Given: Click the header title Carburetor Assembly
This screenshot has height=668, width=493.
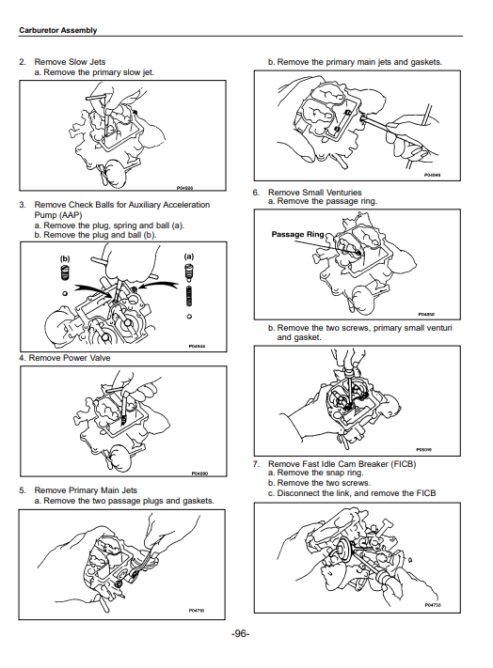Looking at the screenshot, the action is tap(58, 30).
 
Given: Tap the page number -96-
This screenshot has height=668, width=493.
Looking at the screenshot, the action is tap(241, 633).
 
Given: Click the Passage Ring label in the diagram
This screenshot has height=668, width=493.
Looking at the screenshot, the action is tap(297, 234).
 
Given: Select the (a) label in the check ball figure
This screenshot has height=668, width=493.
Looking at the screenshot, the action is tap(188, 256).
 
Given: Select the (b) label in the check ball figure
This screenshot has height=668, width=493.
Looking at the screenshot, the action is tap(65, 258).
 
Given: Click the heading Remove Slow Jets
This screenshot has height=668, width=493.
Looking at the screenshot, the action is tap(70, 62).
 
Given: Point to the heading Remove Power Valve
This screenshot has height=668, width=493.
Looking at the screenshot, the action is tap(70, 358).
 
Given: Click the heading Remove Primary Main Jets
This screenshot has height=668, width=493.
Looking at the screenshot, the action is tap(86, 490).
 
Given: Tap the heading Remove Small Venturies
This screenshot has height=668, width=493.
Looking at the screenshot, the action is tap(315, 193).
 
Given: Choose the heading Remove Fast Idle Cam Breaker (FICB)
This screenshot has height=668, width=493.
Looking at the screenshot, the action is tap(342, 464).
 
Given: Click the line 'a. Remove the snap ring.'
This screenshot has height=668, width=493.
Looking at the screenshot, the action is tap(315, 473).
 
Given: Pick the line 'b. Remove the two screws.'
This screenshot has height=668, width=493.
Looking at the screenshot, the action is tap(320, 483).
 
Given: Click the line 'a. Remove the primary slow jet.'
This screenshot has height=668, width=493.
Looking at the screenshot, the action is tap(94, 72).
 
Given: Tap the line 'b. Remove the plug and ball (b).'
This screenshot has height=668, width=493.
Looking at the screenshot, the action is tap(95, 235).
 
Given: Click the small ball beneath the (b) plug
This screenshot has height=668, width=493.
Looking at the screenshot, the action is tap(65, 293).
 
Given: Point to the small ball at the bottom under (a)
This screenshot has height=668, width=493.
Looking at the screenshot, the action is tap(189, 317).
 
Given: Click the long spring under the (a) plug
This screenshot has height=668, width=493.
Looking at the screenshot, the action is tap(188, 296).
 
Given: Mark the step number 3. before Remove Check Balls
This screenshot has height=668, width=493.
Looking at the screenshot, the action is tap(23, 205).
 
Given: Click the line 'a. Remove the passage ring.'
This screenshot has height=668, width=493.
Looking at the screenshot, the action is tap(323, 201).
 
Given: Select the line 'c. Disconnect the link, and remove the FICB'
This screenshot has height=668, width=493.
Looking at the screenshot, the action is tap(352, 493).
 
